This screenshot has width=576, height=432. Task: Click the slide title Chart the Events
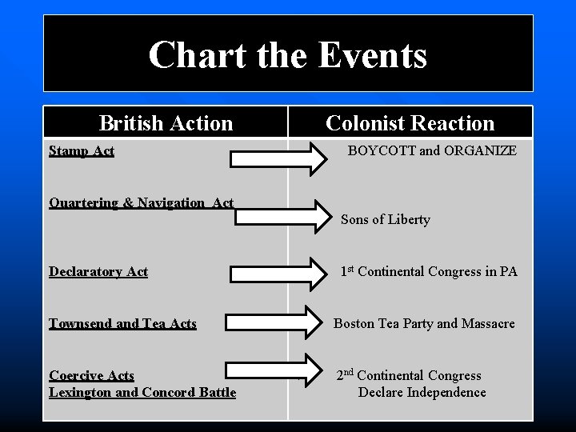point(288,55)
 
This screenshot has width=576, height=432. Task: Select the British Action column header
point(166,123)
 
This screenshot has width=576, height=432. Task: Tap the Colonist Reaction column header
point(410,123)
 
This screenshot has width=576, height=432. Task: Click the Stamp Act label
point(82,150)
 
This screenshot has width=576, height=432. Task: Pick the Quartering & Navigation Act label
point(142,202)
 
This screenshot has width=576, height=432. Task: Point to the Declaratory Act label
point(98,271)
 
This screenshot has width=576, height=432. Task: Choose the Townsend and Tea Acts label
point(122,323)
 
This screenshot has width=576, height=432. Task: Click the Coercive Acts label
point(91,375)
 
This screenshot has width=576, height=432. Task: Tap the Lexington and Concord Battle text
point(142,392)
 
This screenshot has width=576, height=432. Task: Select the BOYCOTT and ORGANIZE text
point(432,150)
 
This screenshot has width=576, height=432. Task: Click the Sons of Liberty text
point(386,219)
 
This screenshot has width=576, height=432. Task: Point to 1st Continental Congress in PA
point(429,271)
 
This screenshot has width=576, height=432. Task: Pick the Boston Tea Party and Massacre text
point(424,323)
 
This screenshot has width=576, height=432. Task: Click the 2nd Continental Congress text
point(409,375)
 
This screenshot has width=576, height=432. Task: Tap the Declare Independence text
point(422,392)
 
